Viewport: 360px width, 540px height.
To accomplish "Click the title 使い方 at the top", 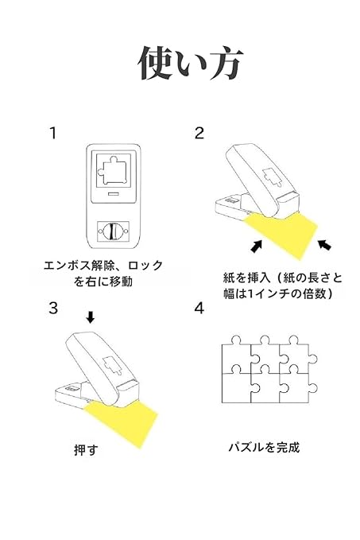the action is [190, 63].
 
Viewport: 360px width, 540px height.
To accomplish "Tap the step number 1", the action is [52, 133].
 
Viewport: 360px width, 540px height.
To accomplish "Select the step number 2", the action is [199, 133].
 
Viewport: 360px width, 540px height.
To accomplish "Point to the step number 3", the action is [53, 309].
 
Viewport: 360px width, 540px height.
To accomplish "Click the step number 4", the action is [199, 309].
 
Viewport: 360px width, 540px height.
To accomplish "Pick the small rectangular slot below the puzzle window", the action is [113, 194].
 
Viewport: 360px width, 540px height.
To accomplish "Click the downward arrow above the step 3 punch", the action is [90, 317].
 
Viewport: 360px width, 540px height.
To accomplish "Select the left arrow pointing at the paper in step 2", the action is [257, 246].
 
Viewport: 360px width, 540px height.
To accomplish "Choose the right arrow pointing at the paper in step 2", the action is [324, 244].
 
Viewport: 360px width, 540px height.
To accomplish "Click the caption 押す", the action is [86, 450].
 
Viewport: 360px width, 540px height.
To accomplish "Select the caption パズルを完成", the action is [264, 447].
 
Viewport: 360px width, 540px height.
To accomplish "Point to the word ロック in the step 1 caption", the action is [145, 266].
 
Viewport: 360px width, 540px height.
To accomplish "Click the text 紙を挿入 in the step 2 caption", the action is [246, 278].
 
